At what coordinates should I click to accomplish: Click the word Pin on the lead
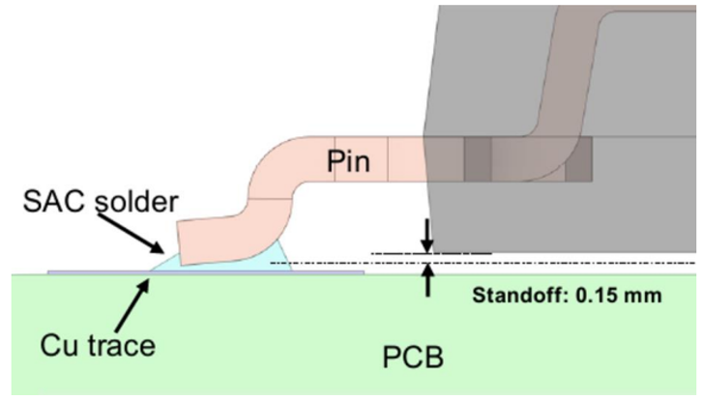point(348,161)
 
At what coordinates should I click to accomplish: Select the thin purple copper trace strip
point(87,273)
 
